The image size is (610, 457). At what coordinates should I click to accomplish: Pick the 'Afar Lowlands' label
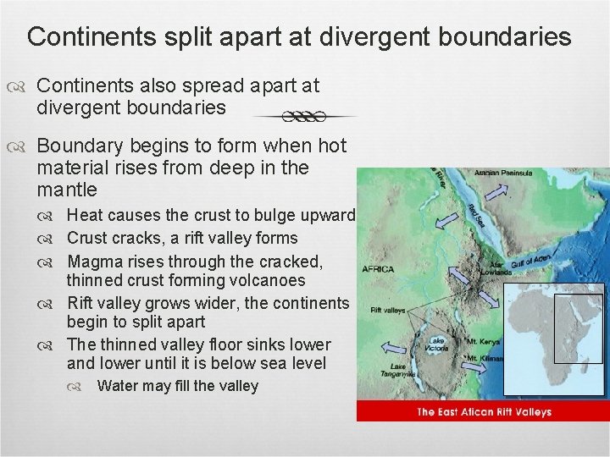496,268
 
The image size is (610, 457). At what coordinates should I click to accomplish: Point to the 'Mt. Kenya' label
484,342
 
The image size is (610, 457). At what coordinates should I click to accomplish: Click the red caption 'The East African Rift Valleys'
484,412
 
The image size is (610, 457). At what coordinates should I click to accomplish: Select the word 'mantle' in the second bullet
68,189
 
